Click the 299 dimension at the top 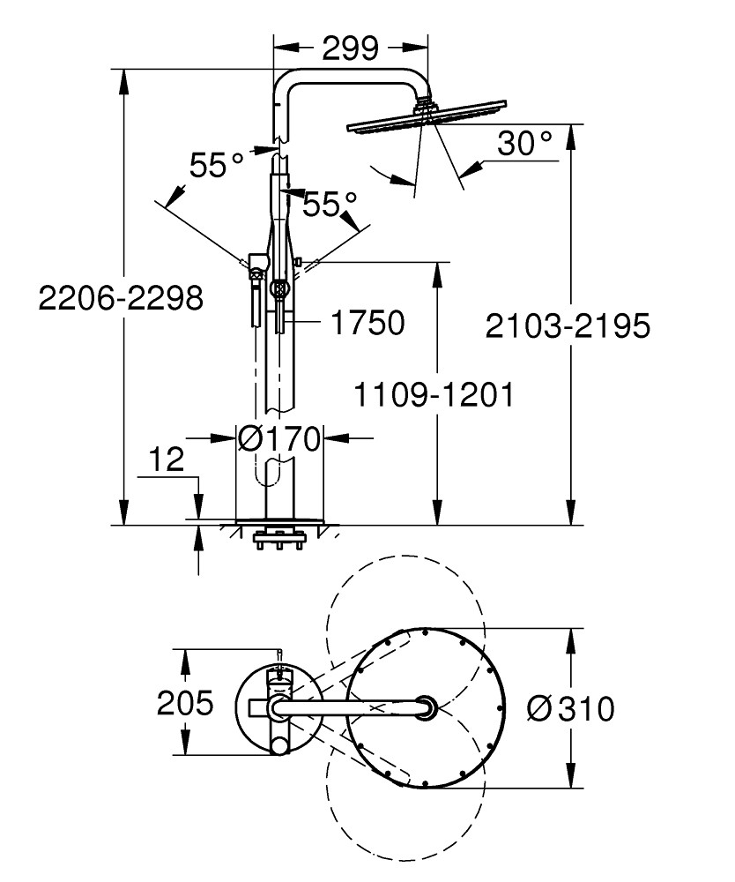(x=350, y=46)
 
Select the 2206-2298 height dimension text (x=121, y=298)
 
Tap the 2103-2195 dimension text (x=568, y=326)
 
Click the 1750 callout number (x=367, y=323)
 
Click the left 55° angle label (x=216, y=165)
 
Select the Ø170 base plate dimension (x=279, y=437)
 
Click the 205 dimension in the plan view (x=185, y=704)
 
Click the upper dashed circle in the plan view (x=405, y=617)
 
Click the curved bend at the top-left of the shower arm (x=285, y=84)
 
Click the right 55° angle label (x=329, y=205)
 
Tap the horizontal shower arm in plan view (x=353, y=706)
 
